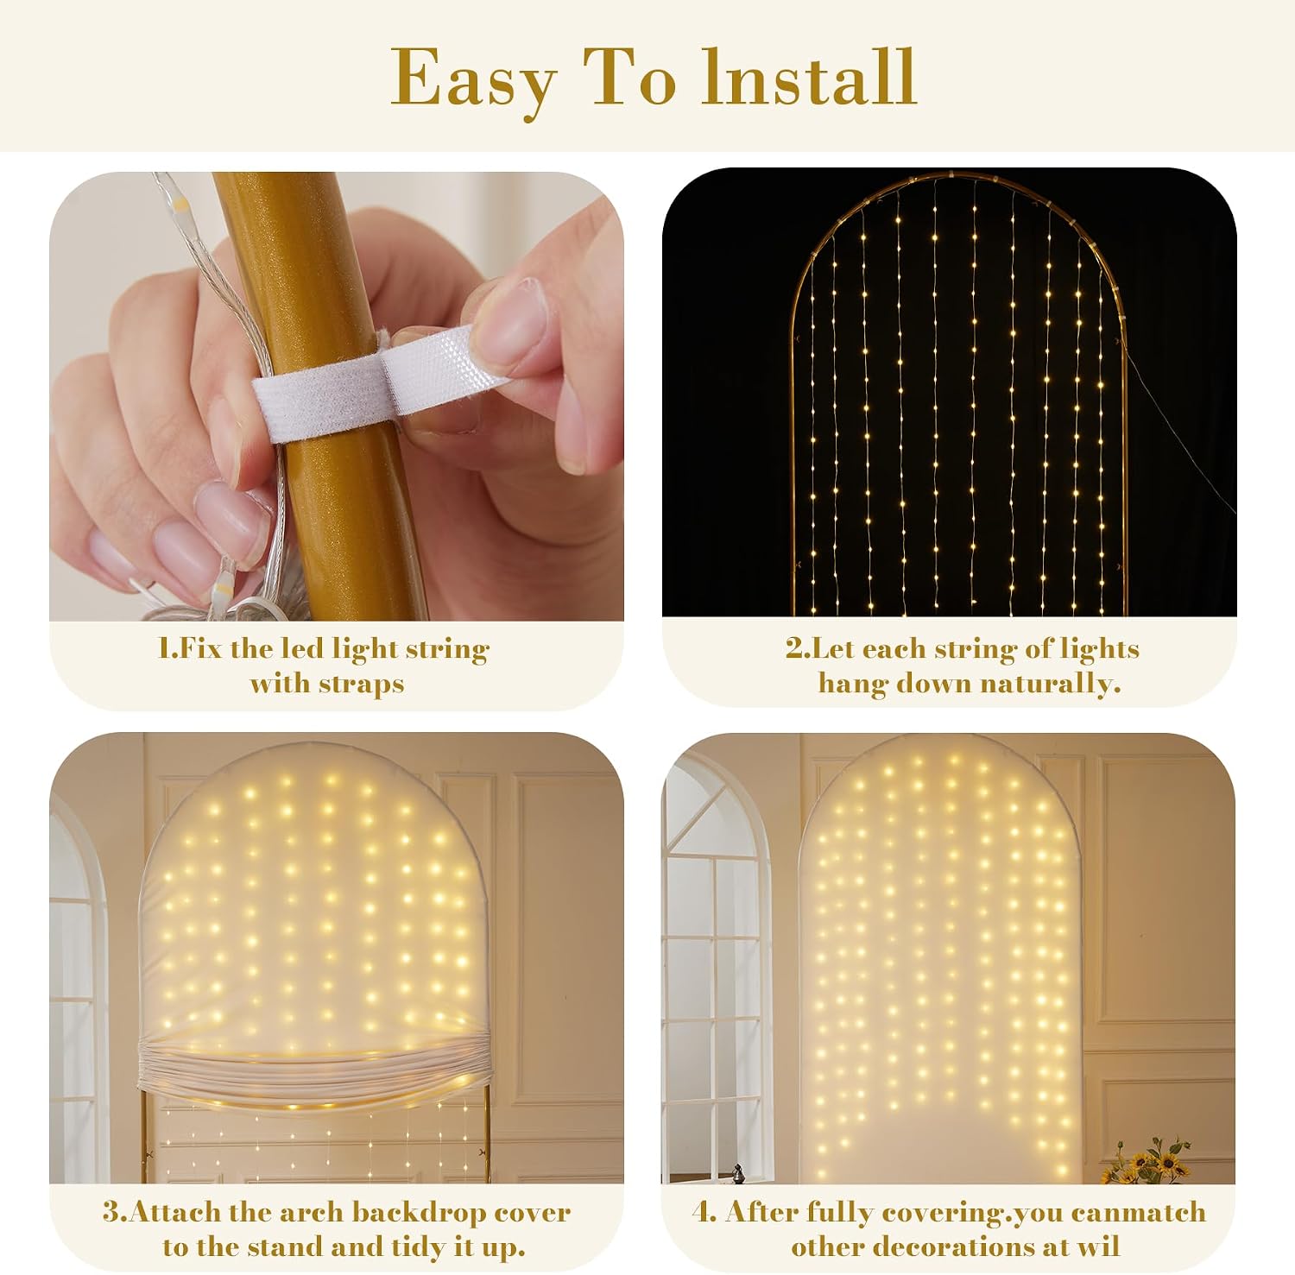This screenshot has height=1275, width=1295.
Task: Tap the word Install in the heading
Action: [809, 77]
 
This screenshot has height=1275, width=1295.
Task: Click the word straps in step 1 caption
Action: [361, 685]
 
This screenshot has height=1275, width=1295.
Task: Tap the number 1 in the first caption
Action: [166, 648]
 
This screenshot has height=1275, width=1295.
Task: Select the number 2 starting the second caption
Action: [794, 648]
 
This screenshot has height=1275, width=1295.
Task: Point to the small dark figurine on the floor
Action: [738, 1173]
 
